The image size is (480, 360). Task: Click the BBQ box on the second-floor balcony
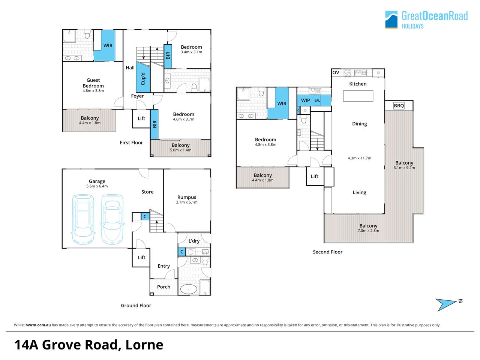point(399,106)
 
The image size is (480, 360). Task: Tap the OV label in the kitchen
point(336,73)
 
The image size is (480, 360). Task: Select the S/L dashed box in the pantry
point(317,100)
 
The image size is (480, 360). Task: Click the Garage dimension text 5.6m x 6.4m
point(97,186)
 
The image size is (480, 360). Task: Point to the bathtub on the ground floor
point(189,289)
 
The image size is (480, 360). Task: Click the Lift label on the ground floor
point(141,258)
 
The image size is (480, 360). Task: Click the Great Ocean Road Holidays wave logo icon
point(391,19)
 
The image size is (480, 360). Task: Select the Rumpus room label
point(186,197)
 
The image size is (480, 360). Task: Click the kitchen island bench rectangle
point(358,96)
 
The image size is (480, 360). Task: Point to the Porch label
point(163,287)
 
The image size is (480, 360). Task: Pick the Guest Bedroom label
point(93,83)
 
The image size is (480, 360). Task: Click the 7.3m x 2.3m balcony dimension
point(368,231)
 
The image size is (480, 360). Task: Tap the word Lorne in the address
point(144,345)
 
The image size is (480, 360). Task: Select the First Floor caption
point(131,142)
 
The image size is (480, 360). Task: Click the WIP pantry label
point(305,100)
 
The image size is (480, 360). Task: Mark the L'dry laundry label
point(194,241)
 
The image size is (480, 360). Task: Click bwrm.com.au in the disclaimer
point(38,325)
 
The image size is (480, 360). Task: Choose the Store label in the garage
point(147,192)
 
